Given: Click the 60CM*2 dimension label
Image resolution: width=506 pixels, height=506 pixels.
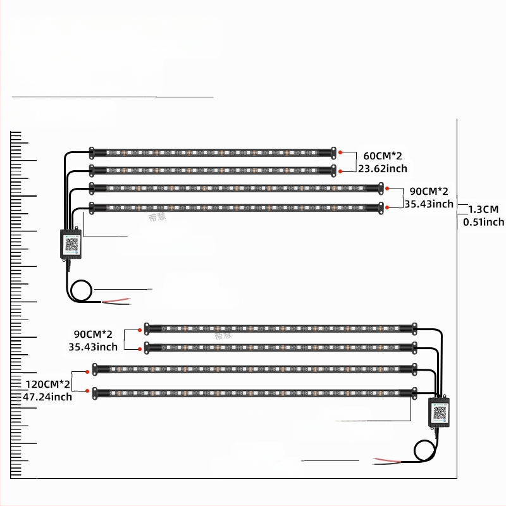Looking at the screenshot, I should (383, 156).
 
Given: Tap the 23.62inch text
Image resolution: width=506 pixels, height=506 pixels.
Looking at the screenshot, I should (383, 168).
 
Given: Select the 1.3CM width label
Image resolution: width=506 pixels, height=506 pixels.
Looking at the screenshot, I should (483, 209).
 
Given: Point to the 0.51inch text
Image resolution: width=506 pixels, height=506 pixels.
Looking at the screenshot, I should (483, 221).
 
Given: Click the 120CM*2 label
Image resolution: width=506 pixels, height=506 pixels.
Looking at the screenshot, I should (47, 384).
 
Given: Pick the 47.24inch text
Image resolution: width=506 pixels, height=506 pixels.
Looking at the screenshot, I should (47, 397).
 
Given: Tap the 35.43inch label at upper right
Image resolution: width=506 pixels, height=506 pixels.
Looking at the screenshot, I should (429, 204).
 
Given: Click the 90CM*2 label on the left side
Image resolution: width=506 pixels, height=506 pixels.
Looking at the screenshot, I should (93, 333).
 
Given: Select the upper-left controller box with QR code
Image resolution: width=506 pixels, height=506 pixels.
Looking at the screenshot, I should (71, 242).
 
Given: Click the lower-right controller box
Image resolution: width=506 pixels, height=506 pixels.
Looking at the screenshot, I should (438, 410).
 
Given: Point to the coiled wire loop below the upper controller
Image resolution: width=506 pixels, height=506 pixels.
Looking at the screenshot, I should (82, 292).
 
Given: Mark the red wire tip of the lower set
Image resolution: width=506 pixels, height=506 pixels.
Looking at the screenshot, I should (382, 459).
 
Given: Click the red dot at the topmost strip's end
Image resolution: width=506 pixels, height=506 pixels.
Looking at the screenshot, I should (340, 152).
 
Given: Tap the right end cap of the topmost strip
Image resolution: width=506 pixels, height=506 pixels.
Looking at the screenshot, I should (332, 152).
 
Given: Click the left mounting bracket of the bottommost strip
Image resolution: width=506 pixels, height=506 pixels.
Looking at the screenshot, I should (96, 393).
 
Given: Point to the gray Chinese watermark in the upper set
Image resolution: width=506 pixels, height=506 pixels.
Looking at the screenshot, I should (156, 216).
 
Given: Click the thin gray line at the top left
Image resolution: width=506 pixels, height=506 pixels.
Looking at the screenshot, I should (114, 97).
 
